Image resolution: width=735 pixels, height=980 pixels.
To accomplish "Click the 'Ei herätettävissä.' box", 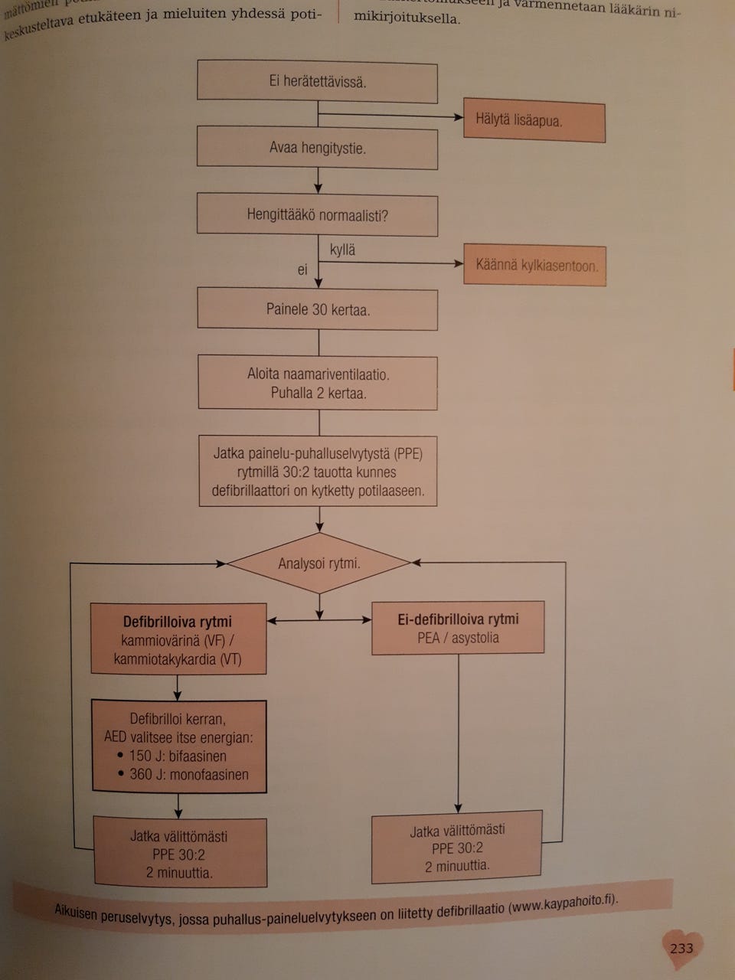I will (317, 82).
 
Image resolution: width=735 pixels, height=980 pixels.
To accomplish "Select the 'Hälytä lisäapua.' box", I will (534, 121).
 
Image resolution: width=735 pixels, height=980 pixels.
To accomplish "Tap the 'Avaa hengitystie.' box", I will (317, 149).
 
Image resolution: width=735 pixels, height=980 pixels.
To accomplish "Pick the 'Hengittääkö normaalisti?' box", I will (317, 215).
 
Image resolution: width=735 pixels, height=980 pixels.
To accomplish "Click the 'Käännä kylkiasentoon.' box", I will (535, 266).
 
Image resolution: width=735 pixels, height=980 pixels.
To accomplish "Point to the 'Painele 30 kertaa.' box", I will (318, 310).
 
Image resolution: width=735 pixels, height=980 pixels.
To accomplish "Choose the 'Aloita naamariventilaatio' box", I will (318, 383).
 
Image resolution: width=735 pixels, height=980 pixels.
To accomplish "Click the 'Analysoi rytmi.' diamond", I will (318, 563).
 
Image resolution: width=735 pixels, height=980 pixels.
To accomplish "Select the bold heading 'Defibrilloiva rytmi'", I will (178, 622).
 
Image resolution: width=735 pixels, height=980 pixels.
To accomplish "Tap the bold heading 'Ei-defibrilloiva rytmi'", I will (458, 619).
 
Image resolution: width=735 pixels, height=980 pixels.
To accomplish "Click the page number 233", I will (681, 948).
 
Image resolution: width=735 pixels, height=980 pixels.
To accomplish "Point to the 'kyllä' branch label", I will (342, 250).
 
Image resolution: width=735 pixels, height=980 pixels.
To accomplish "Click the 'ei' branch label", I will (302, 269).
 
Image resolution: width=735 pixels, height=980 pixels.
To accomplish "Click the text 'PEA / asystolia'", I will (458, 638).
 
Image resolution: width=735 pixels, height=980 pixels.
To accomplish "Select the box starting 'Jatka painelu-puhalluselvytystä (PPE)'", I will (318, 472).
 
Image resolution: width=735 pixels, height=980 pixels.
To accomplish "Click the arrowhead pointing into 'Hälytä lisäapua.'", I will (459, 118).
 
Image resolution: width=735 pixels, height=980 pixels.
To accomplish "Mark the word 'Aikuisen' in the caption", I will (76, 911).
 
